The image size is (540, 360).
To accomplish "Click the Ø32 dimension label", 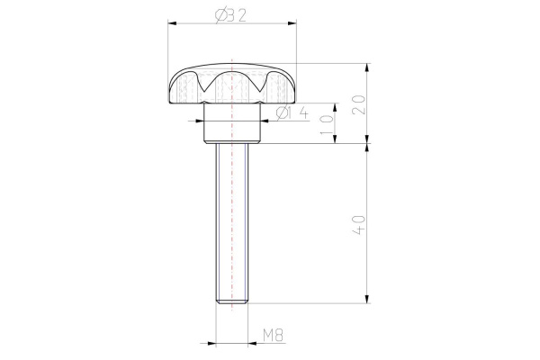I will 233,15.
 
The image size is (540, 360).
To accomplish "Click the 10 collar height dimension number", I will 329,123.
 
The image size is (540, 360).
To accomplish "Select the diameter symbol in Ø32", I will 221,15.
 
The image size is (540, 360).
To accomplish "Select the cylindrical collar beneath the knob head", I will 232,130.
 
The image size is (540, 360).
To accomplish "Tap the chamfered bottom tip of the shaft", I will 232,303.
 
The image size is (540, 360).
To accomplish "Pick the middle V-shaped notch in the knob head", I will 232,85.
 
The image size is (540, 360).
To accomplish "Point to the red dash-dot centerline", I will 233,198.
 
